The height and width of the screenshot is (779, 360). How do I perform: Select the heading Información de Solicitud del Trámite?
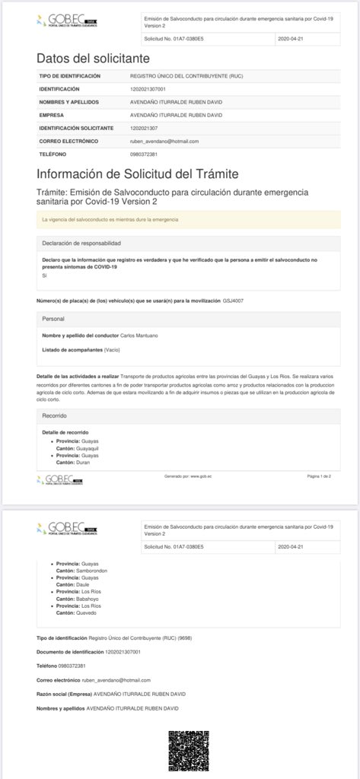(x=137, y=173)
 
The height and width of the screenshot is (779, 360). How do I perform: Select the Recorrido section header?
(x=55, y=416)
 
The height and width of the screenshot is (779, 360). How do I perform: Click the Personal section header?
(x=53, y=319)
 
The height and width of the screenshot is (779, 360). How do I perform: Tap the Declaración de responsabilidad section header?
(x=81, y=243)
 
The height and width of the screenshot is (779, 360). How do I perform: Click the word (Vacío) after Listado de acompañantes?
(x=112, y=349)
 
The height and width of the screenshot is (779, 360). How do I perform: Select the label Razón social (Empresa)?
(x=63, y=694)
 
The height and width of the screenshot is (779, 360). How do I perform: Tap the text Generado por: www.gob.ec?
(x=187, y=475)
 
